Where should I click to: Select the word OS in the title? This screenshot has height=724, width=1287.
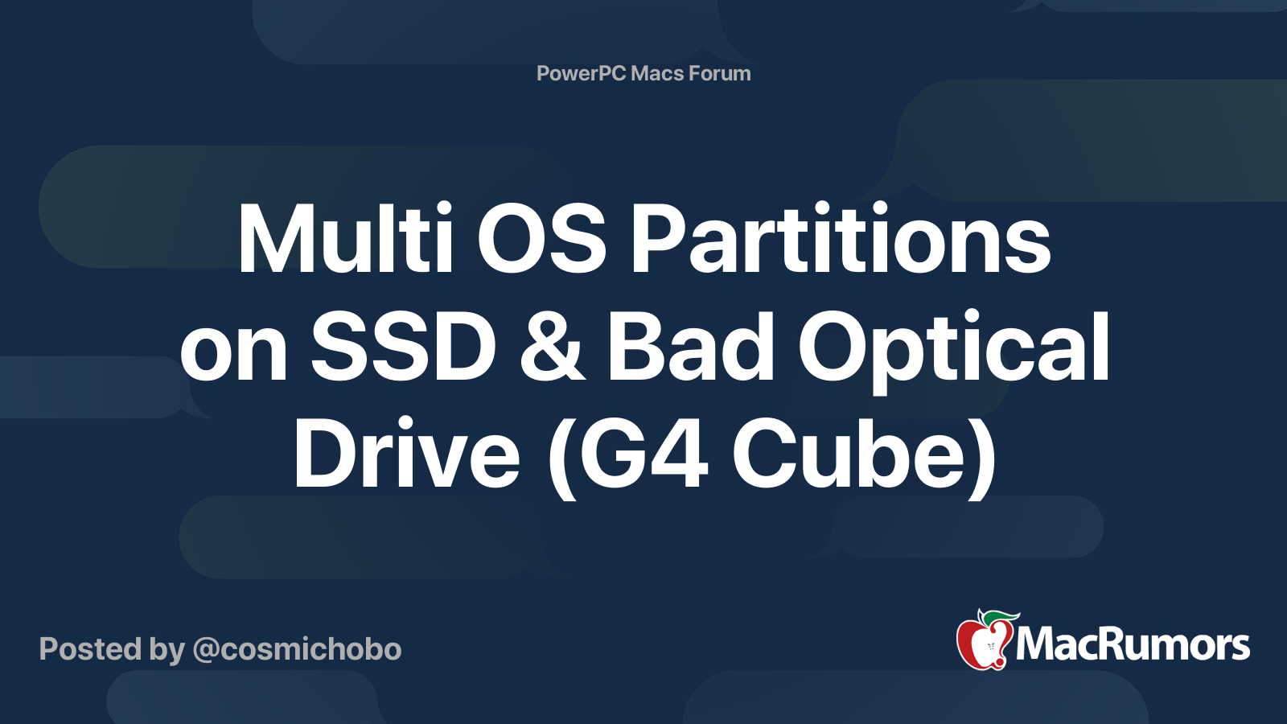click(541, 240)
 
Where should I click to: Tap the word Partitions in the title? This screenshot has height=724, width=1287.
click(841, 240)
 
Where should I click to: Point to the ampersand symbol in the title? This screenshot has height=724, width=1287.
click(552, 348)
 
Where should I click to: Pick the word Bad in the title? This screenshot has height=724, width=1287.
click(690, 348)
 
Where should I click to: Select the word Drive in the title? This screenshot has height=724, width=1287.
click(406, 455)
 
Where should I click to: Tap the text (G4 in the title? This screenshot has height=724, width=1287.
click(627, 456)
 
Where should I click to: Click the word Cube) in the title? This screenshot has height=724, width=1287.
click(864, 456)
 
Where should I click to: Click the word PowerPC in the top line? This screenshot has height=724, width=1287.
click(580, 73)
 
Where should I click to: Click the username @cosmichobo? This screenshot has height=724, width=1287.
click(297, 649)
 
